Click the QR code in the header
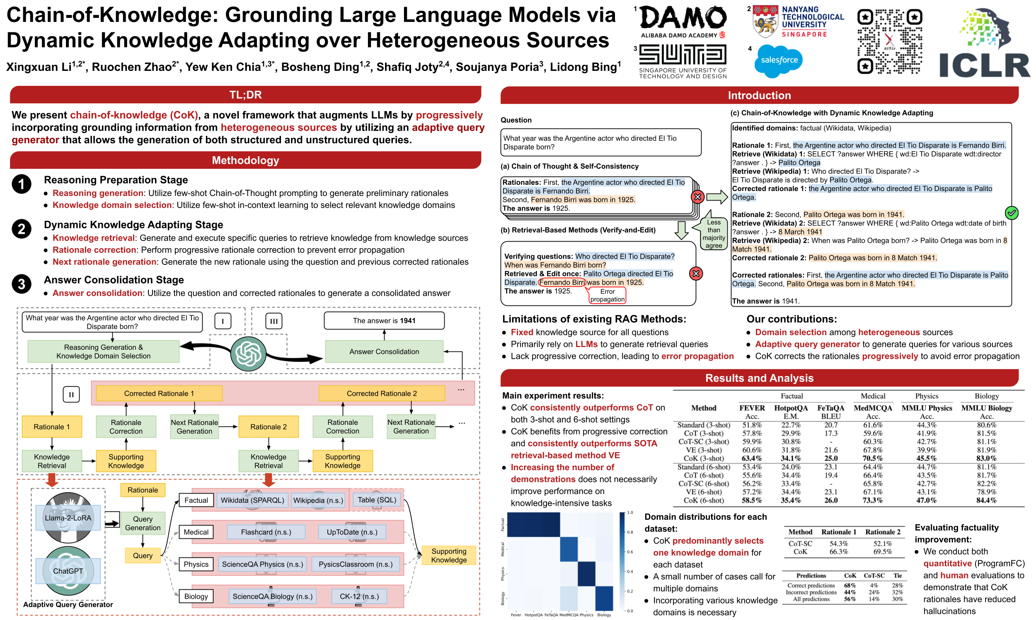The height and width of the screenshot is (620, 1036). pos(889,42)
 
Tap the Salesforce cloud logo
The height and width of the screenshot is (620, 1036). pos(779,61)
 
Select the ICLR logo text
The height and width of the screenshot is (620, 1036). pos(984,65)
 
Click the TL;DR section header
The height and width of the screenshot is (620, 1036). pos(245,95)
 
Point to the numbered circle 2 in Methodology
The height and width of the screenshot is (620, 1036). pos(21,229)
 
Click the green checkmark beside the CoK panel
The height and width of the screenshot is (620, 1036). pos(1012,213)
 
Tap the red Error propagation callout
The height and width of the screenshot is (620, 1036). pos(607,295)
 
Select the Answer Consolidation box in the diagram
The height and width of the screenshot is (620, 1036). pos(384,351)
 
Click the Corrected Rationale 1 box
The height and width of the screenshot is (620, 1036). pos(159,393)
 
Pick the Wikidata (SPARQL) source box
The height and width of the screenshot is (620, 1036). pos(252,500)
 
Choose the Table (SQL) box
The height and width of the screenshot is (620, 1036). pos(377,500)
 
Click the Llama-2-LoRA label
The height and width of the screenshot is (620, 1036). pos(68,518)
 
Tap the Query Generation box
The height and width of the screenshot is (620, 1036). pos(143,523)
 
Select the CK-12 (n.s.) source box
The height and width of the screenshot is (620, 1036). pos(359,596)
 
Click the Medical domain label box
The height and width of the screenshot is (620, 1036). pos(196,532)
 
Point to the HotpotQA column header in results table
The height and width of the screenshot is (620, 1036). pos(791,408)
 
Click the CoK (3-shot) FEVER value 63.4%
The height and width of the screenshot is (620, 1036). pos(752,458)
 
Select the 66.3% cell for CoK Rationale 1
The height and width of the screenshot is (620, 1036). pos(838,552)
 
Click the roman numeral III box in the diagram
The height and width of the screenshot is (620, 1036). pos(274,321)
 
